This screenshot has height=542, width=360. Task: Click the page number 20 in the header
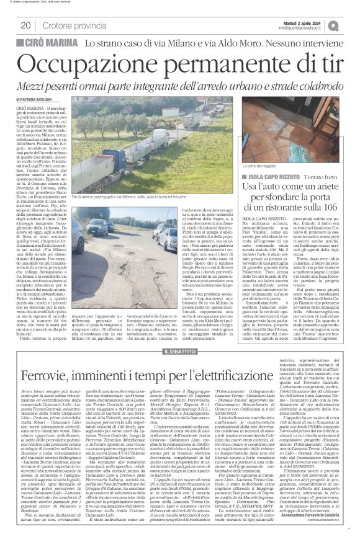(x=25, y=25)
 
